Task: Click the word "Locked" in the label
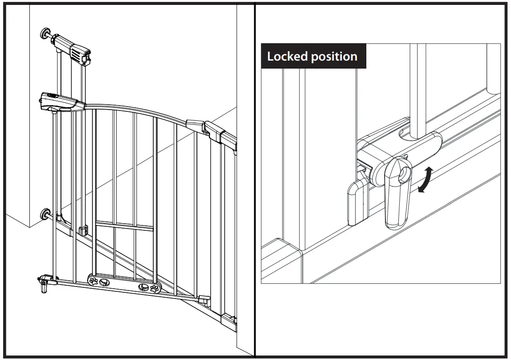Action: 288,57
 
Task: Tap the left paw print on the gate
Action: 94,281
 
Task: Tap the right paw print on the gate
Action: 154,289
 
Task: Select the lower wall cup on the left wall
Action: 45,214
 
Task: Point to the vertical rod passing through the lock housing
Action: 418,89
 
